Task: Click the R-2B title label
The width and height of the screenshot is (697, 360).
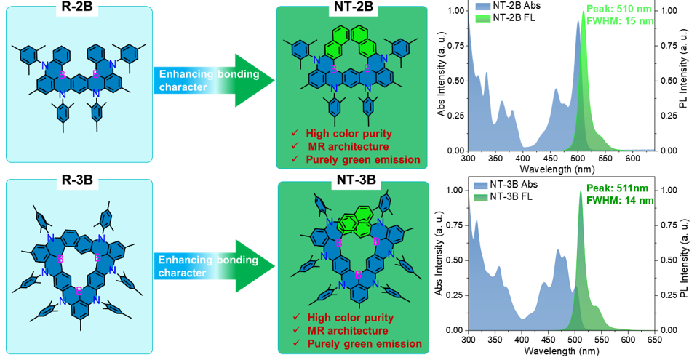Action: pos(80,12)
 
